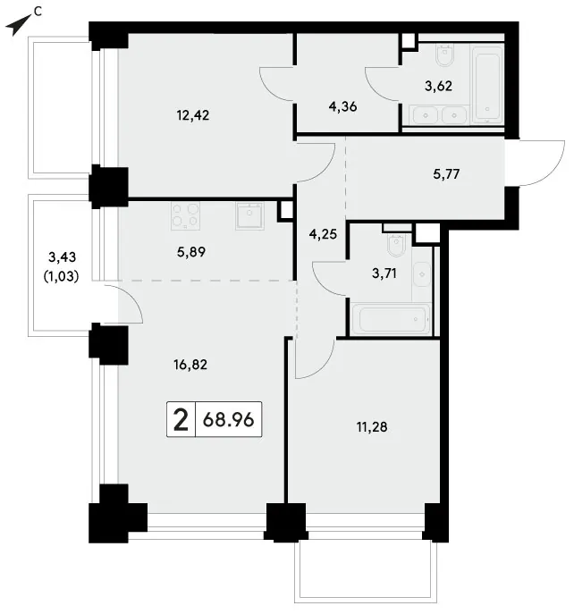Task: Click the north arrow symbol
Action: (18, 25)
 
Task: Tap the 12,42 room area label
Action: (193, 115)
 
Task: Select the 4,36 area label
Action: (342, 107)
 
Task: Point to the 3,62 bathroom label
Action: (438, 86)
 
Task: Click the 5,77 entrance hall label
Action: (446, 174)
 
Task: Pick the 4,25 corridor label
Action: (323, 234)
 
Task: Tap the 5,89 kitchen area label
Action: (191, 252)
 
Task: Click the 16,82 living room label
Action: (190, 365)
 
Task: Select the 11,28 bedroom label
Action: (372, 427)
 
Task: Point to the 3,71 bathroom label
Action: (384, 273)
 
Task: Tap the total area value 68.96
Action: (229, 420)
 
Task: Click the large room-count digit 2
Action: (181, 419)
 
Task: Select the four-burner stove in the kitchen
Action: (185, 215)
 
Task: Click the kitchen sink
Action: (249, 215)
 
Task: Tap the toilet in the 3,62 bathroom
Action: (444, 55)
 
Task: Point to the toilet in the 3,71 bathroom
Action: (396, 245)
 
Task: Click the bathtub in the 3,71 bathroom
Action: (391, 319)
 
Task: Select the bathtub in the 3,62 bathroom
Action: (487, 86)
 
